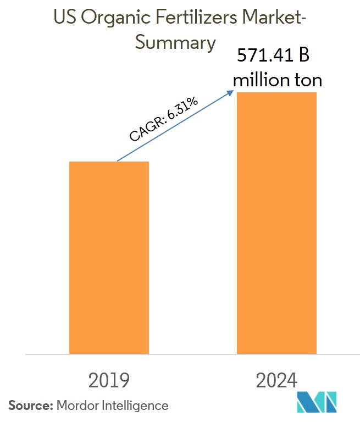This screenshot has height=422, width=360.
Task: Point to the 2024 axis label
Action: (276, 380)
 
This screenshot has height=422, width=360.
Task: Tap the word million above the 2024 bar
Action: (261, 80)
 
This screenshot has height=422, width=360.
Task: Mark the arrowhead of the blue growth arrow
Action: (231, 93)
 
